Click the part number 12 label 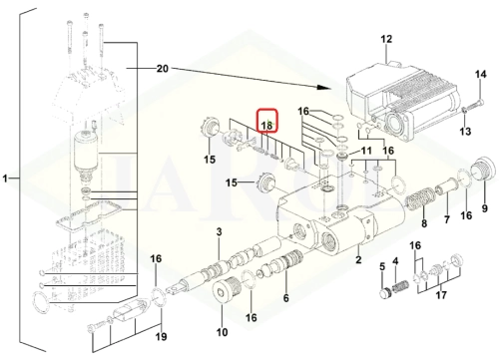(386, 39)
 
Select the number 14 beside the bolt (480, 74)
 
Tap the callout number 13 (465, 132)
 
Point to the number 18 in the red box (266, 126)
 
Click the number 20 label (163, 69)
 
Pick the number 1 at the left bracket (5, 179)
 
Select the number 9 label (485, 208)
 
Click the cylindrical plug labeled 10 (226, 289)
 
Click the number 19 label (161, 337)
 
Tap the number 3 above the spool (219, 231)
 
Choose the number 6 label (286, 298)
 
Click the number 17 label (441, 295)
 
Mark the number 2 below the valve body (358, 259)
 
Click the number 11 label (366, 151)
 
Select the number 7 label (447, 219)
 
